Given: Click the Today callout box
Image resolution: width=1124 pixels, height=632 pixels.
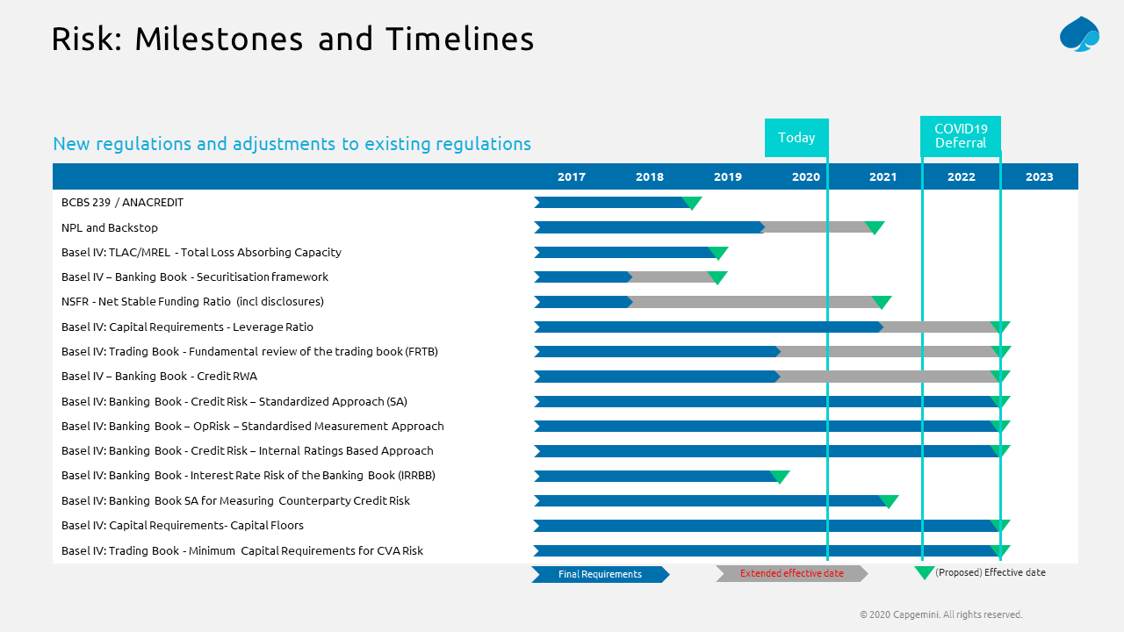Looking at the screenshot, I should tap(796, 138).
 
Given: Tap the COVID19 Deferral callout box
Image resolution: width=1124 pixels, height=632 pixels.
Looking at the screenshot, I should tap(961, 136).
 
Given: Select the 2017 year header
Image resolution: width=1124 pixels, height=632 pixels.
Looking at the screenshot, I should tap(571, 177).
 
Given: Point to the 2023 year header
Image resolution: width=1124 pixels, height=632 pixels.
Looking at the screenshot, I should tap(1039, 177).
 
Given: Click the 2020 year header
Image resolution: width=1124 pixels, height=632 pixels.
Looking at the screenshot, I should tap(805, 177).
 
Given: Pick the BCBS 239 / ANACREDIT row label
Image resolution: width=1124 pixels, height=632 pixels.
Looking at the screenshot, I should tap(122, 203).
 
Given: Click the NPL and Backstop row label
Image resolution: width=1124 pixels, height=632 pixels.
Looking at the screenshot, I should tap(110, 227).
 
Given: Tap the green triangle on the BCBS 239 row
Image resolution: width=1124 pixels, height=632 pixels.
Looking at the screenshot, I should tap(692, 203).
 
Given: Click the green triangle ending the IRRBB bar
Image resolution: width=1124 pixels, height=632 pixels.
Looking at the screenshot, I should tap(780, 477).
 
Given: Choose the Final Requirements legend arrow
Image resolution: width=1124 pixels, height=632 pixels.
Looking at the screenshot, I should tap(600, 574).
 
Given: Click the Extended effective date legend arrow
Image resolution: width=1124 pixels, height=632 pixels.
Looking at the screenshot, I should tap(791, 574).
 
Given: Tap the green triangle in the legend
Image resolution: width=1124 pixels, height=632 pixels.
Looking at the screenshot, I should tap(924, 573).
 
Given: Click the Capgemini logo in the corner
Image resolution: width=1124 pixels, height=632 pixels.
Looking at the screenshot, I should tap(1079, 34).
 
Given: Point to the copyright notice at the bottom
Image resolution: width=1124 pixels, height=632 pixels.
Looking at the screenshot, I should tap(940, 614).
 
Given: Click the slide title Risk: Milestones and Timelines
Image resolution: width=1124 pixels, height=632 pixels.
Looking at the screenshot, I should tap(292, 39).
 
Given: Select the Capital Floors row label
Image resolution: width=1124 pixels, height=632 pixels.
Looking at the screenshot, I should tap(183, 526).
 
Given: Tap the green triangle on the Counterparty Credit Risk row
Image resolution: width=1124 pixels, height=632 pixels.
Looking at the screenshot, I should tap(889, 501).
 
